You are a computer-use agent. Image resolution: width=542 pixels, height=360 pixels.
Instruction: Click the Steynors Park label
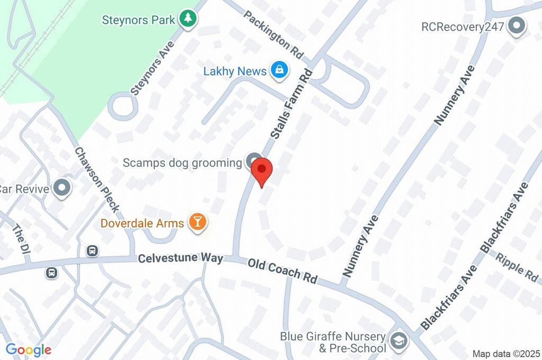tap(138, 20)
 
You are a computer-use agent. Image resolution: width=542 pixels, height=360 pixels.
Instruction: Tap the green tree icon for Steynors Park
tap(187, 20)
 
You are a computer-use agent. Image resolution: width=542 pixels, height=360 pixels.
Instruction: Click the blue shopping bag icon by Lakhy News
tap(279, 69)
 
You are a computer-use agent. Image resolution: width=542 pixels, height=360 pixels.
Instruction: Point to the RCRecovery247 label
tap(462, 26)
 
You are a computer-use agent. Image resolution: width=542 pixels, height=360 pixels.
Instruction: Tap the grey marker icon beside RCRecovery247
tap(515, 25)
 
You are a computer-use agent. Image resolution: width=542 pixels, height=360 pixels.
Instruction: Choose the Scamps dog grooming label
tap(182, 163)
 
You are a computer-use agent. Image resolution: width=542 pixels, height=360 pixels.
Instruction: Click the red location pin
tap(261, 171)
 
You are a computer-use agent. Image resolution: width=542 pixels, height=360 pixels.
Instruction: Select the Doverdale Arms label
tap(142, 223)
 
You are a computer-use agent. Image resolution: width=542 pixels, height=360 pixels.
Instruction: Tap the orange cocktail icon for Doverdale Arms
tap(197, 222)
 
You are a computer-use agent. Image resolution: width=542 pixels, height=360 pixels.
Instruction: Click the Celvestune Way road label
tap(181, 259)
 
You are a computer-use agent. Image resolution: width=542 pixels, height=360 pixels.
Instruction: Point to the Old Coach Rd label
tap(282, 270)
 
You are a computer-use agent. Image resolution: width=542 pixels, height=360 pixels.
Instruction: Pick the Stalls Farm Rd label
tap(292, 104)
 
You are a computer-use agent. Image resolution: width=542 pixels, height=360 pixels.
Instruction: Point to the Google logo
tap(29, 349)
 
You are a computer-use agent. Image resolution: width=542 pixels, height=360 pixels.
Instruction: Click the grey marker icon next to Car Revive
tap(63, 188)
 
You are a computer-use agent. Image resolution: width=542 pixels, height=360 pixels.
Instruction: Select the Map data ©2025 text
tap(506, 354)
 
